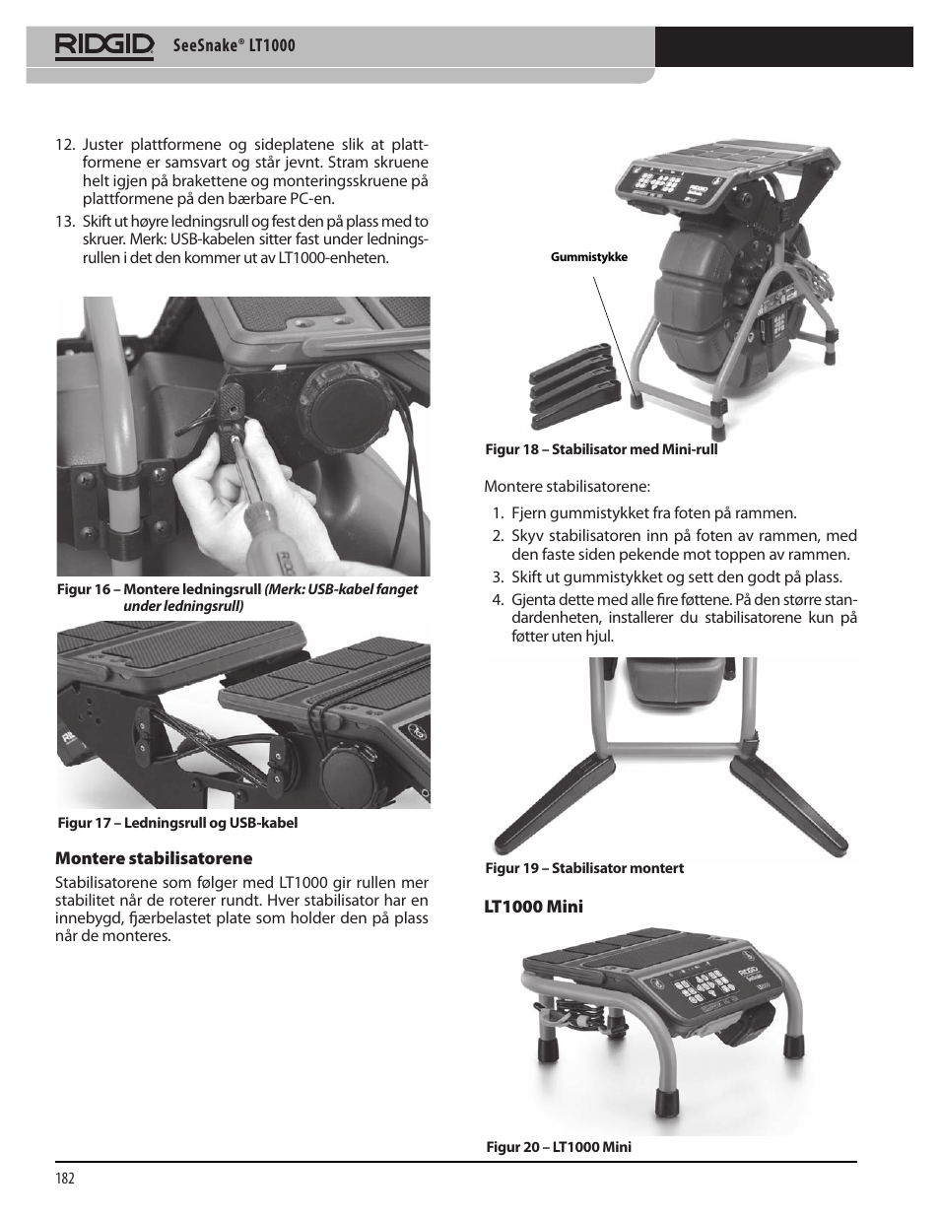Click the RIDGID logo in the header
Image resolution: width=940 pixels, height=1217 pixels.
(104, 45)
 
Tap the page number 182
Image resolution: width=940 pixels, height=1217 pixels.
(65, 1179)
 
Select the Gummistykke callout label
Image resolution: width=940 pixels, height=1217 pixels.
(588, 258)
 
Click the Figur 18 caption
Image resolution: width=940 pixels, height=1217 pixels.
(601, 449)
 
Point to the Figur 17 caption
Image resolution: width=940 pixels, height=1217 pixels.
(176, 823)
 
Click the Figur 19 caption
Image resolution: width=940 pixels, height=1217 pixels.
(583, 868)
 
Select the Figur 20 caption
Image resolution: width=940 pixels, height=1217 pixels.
(558, 1147)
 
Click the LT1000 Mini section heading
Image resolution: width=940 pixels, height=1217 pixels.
(533, 907)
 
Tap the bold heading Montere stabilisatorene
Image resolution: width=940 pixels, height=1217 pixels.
(153, 858)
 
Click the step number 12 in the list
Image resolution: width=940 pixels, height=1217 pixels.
(65, 146)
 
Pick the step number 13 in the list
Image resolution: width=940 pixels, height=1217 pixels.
(65, 222)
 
